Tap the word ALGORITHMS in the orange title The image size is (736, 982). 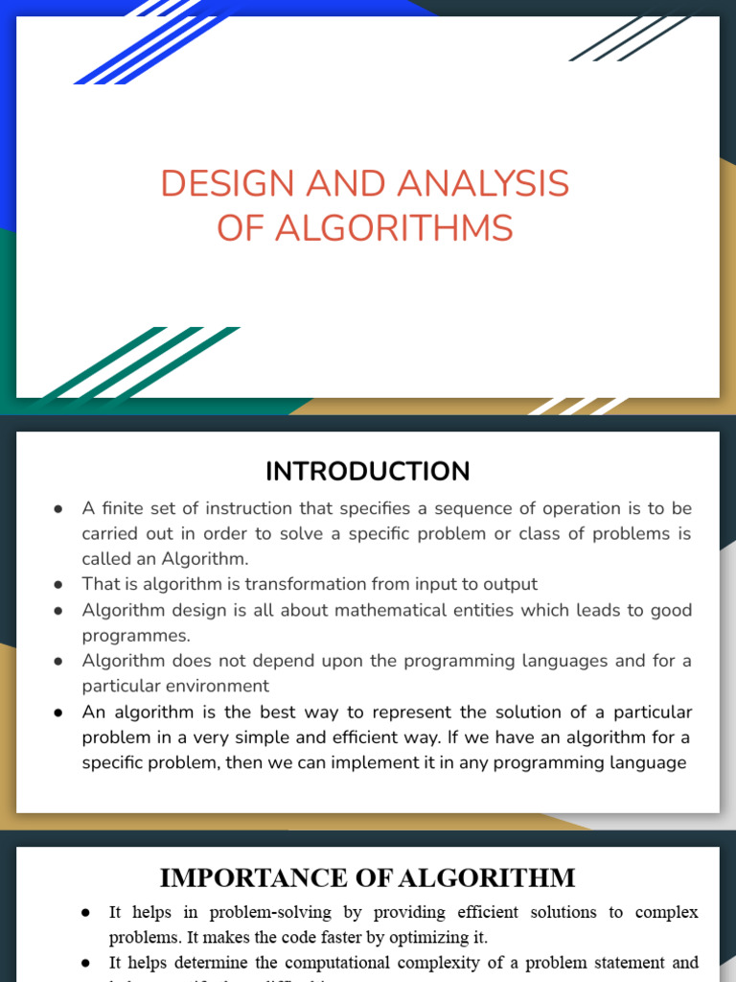pyautogui.click(x=393, y=228)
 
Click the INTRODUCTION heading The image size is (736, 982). pyautogui.click(x=368, y=472)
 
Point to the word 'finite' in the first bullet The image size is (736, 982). pyautogui.click(x=126, y=508)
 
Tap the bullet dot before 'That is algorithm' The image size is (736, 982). pyautogui.click(x=58, y=584)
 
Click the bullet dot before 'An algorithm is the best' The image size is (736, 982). pyautogui.click(x=58, y=713)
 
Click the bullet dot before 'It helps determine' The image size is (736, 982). pyautogui.click(x=86, y=962)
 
